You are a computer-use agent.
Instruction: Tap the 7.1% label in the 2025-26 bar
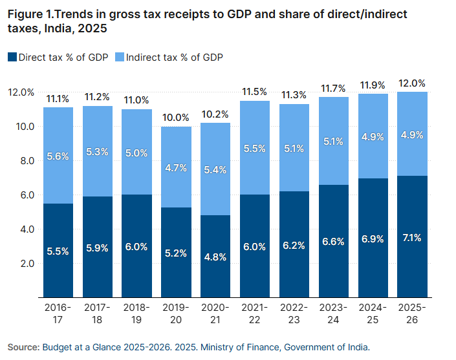[412, 238]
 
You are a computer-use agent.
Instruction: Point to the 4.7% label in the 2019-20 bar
[176, 168]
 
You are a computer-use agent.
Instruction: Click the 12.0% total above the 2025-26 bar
[412, 83]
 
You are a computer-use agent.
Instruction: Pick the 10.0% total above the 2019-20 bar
[176, 118]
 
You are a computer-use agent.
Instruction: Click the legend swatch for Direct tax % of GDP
[12, 58]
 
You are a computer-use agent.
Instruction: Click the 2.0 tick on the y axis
[25, 264]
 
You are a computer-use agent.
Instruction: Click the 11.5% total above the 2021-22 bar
[255, 92]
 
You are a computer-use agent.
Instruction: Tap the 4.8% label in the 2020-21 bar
[215, 257]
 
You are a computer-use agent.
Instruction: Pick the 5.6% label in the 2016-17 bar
[58, 156]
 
